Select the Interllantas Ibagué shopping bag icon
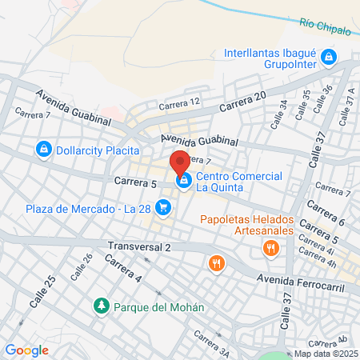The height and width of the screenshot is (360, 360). pos(328,57)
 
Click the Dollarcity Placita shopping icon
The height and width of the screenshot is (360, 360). pos(43,149)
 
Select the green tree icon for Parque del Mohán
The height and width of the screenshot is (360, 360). pos(102,306)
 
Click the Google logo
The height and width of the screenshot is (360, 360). pos(26,350)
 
